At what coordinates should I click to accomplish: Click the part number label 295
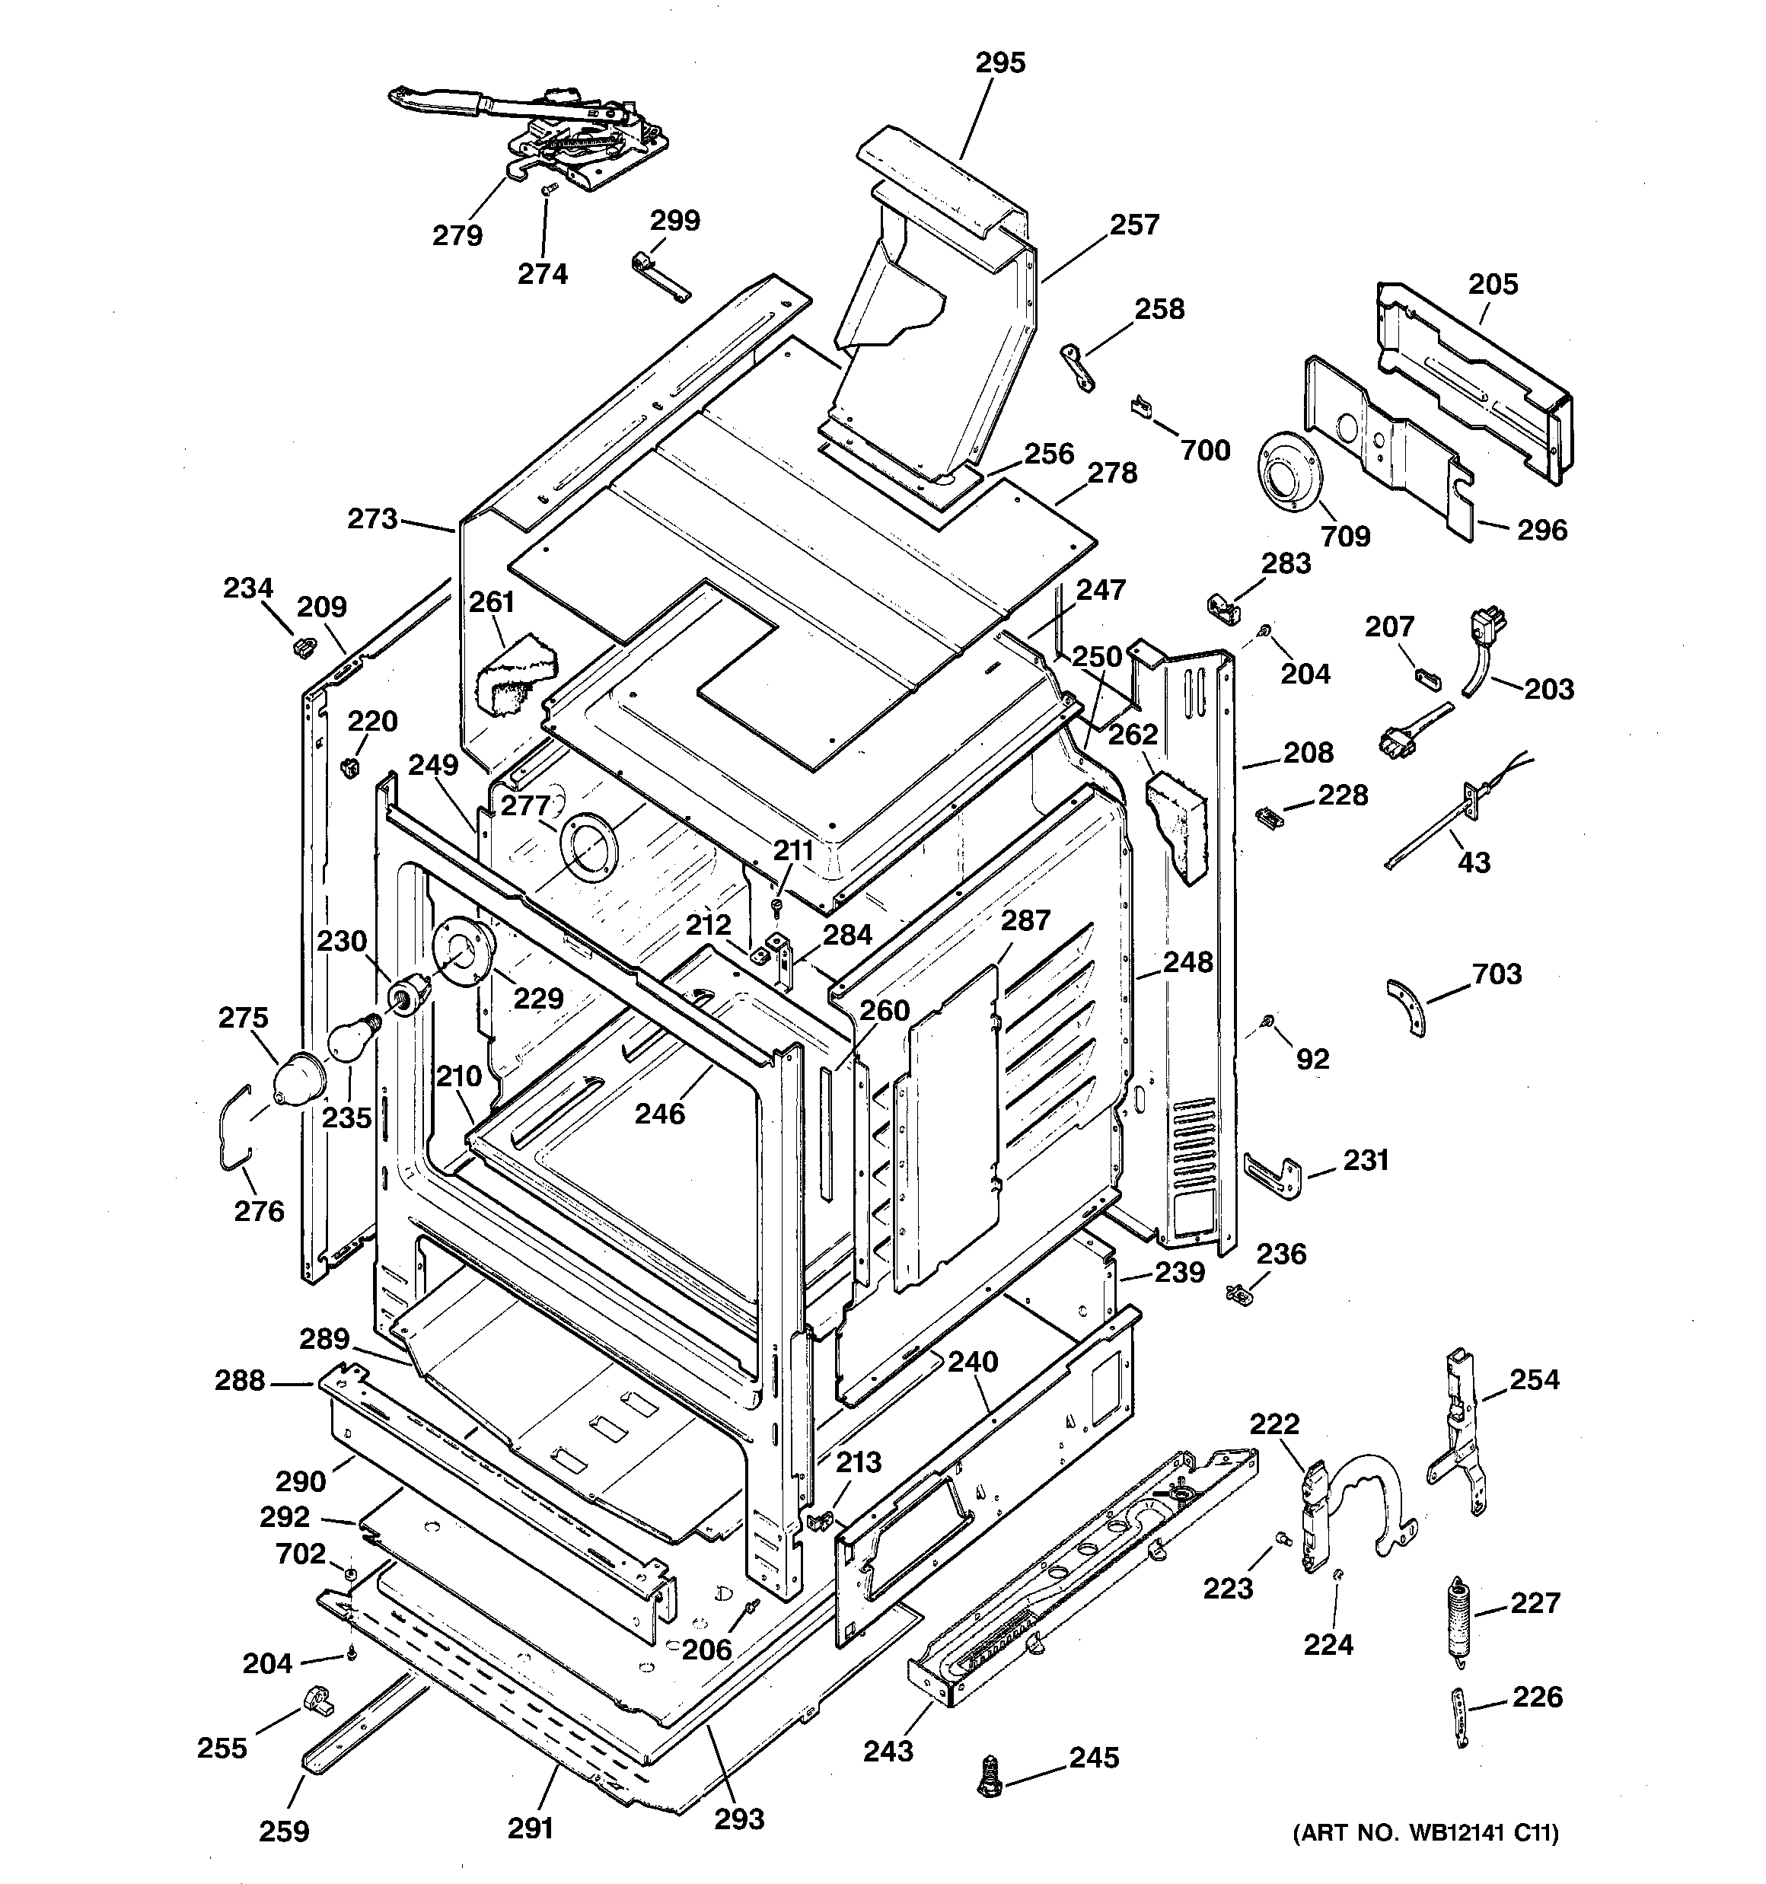[1000, 62]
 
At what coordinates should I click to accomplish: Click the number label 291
[530, 1826]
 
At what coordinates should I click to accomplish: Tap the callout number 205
[1492, 283]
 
